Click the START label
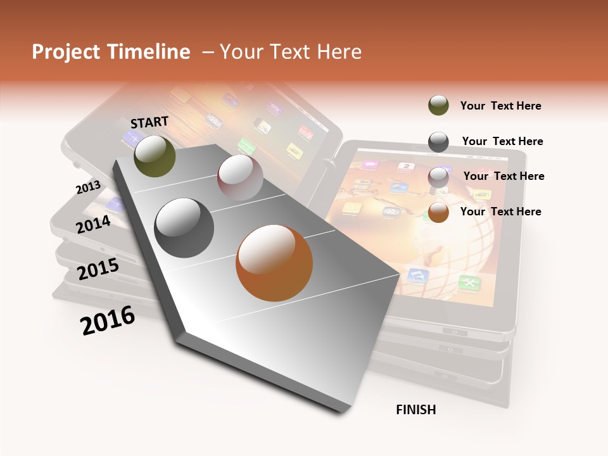(149, 122)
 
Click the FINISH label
(415, 410)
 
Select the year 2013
(88, 187)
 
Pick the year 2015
(98, 269)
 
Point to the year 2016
(108, 320)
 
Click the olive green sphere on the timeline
(155, 156)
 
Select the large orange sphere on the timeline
(274, 263)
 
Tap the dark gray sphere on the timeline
(184, 228)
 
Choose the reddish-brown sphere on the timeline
(240, 177)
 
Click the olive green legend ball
(438, 106)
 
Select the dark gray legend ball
(438, 142)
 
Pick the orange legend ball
(438, 212)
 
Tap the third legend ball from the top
(438, 177)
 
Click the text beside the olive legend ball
(500, 106)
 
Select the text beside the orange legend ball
(500, 212)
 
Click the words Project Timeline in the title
(111, 52)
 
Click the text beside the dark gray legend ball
(502, 141)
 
